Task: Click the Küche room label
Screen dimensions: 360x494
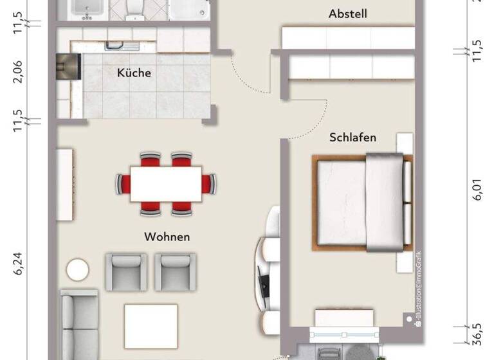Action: tap(134, 73)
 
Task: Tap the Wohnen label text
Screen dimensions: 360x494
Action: tap(167, 237)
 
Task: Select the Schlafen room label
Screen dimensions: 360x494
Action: tap(352, 138)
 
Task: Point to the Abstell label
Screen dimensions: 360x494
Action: tap(347, 14)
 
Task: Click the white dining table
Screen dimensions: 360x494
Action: tap(166, 184)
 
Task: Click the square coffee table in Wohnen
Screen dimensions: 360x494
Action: tap(151, 325)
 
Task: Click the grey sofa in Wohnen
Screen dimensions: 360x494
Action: tap(78, 325)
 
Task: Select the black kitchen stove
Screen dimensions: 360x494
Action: tap(68, 65)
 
